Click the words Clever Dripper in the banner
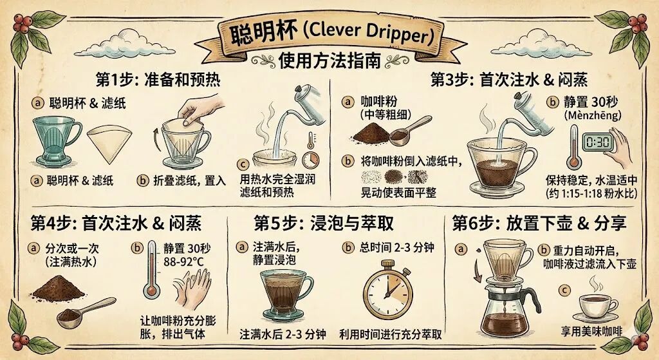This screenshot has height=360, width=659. click(370, 33)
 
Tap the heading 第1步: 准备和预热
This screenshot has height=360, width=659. click(158, 79)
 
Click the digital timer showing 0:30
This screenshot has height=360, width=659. click(598, 142)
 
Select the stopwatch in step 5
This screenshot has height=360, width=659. click(387, 290)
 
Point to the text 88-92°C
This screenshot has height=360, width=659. click(183, 262)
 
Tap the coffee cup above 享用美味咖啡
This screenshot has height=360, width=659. click(597, 306)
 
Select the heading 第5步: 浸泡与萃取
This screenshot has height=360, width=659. click(324, 223)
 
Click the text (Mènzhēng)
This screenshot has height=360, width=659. click(593, 115)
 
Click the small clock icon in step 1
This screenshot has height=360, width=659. click(311, 160)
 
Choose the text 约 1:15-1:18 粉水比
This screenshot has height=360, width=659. click(592, 193)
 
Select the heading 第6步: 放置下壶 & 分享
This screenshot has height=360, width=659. click(539, 223)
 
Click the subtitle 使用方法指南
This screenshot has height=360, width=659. click(329, 61)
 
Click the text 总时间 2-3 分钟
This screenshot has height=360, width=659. click(396, 248)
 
